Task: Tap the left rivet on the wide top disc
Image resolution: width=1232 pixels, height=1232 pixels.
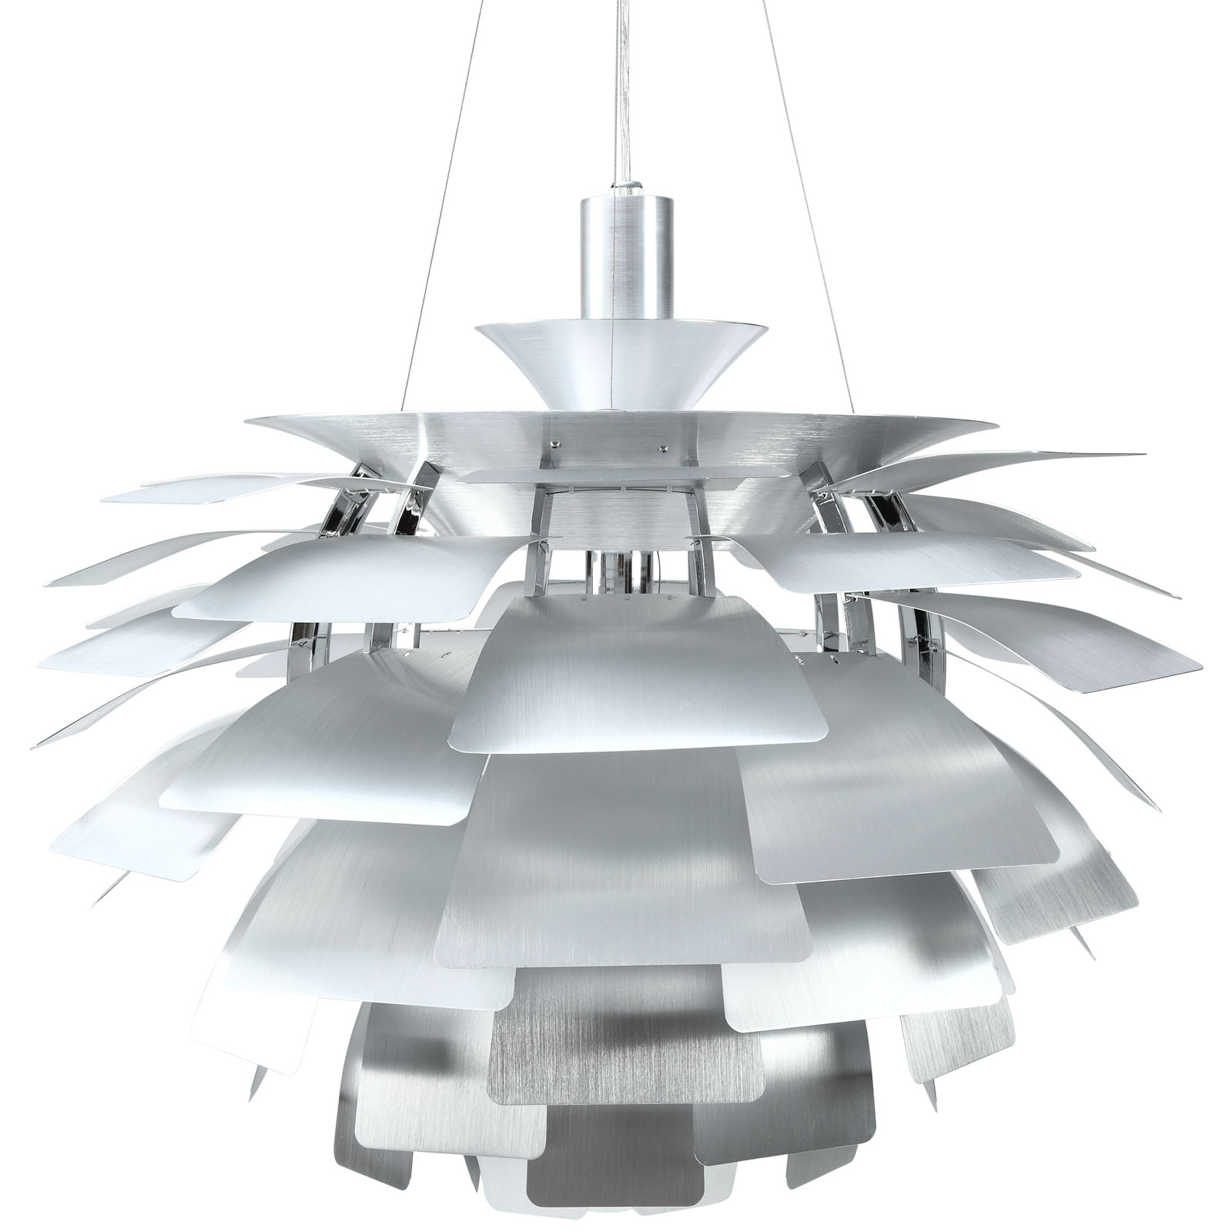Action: click(x=553, y=444)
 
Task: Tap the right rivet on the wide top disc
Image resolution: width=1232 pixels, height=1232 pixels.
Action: click(x=662, y=444)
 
